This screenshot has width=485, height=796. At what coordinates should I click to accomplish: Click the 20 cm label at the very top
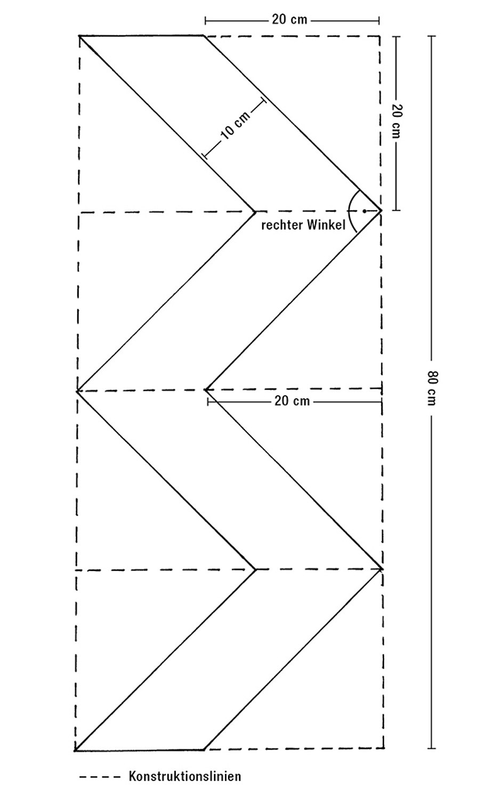coord(289,20)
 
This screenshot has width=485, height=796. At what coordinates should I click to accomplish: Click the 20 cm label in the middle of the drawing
coord(292,400)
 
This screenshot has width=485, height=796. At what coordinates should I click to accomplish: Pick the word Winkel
coord(326,226)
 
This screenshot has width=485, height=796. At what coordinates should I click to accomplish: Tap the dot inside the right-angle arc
coord(364,211)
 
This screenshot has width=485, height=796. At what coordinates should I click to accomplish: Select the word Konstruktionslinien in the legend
coord(184,776)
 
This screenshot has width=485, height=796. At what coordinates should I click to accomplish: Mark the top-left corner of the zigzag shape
coord(79,36)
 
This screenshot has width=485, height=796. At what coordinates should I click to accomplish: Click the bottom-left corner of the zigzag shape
coord(75,750)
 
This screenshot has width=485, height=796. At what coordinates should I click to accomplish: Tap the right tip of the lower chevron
coord(382,569)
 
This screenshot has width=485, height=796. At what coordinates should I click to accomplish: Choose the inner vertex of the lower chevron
coord(256,569)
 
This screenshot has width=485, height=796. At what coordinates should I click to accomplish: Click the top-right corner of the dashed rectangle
coord(380,36)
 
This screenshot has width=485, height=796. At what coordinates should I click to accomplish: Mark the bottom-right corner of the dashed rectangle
coord(383,748)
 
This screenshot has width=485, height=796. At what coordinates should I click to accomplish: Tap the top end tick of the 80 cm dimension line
coord(432,36)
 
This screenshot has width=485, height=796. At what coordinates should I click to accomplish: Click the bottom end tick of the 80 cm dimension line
coord(432,748)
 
